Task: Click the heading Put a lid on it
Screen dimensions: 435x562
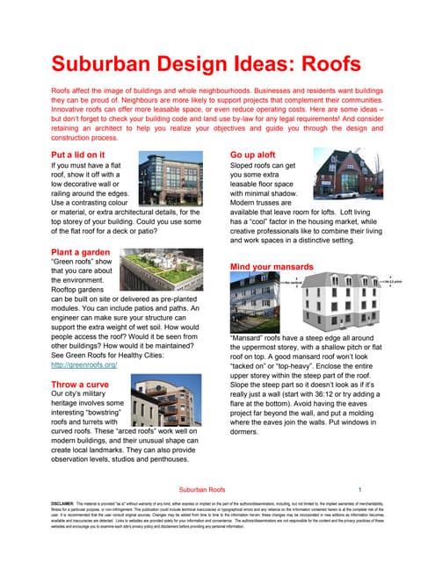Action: tap(82, 154)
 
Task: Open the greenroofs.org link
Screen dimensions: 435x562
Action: tap(84, 364)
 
